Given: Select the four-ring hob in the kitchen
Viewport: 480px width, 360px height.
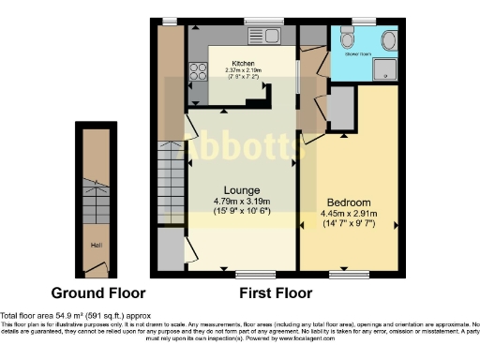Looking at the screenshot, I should [199, 70].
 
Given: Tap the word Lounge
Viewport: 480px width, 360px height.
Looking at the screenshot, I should [241, 188].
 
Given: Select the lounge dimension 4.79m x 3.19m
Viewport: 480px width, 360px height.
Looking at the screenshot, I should [241, 201].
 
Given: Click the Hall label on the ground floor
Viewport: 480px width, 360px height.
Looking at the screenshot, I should [96, 247].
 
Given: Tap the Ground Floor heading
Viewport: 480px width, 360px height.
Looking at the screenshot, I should [97, 292].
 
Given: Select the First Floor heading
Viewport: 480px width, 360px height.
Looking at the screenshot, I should [276, 292].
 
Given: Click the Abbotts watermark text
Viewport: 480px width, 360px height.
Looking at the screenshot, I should [240, 150].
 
